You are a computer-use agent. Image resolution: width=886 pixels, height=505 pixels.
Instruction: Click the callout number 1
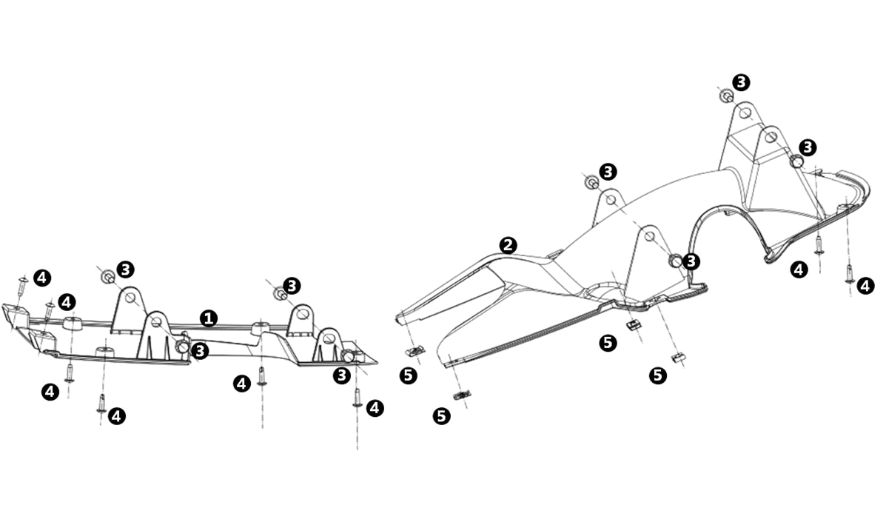209,318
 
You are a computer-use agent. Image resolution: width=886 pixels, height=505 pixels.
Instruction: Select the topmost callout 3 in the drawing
741,82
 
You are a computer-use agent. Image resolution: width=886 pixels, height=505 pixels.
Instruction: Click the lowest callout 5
442,416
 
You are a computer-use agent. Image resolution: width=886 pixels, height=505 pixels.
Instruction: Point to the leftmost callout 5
407,375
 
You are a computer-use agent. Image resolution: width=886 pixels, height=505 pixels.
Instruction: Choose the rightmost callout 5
657,375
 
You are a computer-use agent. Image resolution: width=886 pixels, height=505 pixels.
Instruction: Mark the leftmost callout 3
125,269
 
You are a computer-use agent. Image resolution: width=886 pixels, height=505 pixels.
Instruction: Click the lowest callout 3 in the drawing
341,375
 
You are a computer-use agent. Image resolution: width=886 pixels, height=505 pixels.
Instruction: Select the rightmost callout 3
808,147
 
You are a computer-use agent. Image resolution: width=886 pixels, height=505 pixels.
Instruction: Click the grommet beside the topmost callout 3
727,96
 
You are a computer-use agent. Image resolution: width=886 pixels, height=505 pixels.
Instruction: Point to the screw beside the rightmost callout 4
849,273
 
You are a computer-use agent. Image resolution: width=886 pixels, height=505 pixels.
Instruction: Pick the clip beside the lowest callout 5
462,395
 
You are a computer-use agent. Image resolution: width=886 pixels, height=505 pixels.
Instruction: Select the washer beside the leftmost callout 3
107,277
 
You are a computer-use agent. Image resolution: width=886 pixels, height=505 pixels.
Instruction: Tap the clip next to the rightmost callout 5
677,358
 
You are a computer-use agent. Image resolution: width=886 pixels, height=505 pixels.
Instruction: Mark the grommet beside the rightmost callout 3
796,161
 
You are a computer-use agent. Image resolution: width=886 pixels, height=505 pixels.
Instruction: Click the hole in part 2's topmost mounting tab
745,113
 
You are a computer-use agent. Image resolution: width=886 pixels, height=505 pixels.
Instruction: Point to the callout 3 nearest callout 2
608,172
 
